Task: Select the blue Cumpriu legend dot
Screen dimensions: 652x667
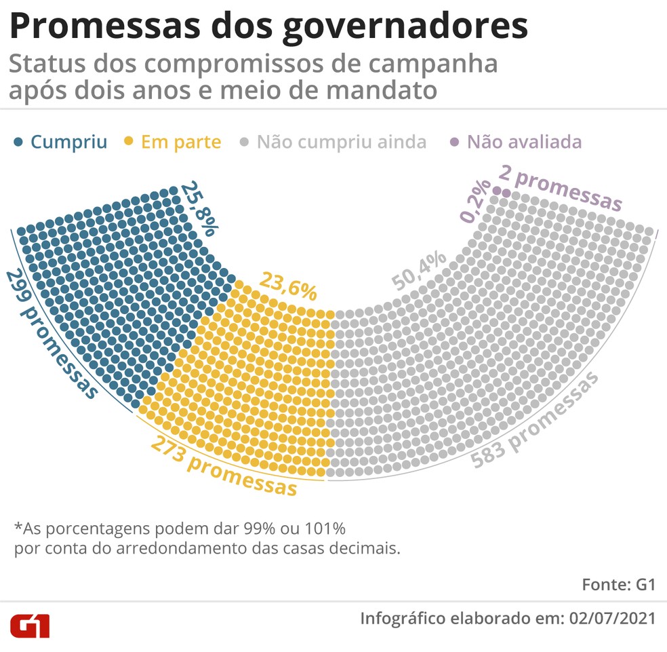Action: tap(19, 142)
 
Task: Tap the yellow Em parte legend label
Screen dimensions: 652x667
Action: tap(181, 142)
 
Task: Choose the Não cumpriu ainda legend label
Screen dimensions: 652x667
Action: tap(342, 142)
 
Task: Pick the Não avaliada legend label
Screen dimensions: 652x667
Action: tap(524, 142)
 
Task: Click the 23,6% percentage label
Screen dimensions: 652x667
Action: tap(288, 286)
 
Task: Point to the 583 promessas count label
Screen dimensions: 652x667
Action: tap(535, 421)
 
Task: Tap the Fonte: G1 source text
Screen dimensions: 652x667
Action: tap(618, 585)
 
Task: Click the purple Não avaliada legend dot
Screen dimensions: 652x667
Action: tap(455, 142)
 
